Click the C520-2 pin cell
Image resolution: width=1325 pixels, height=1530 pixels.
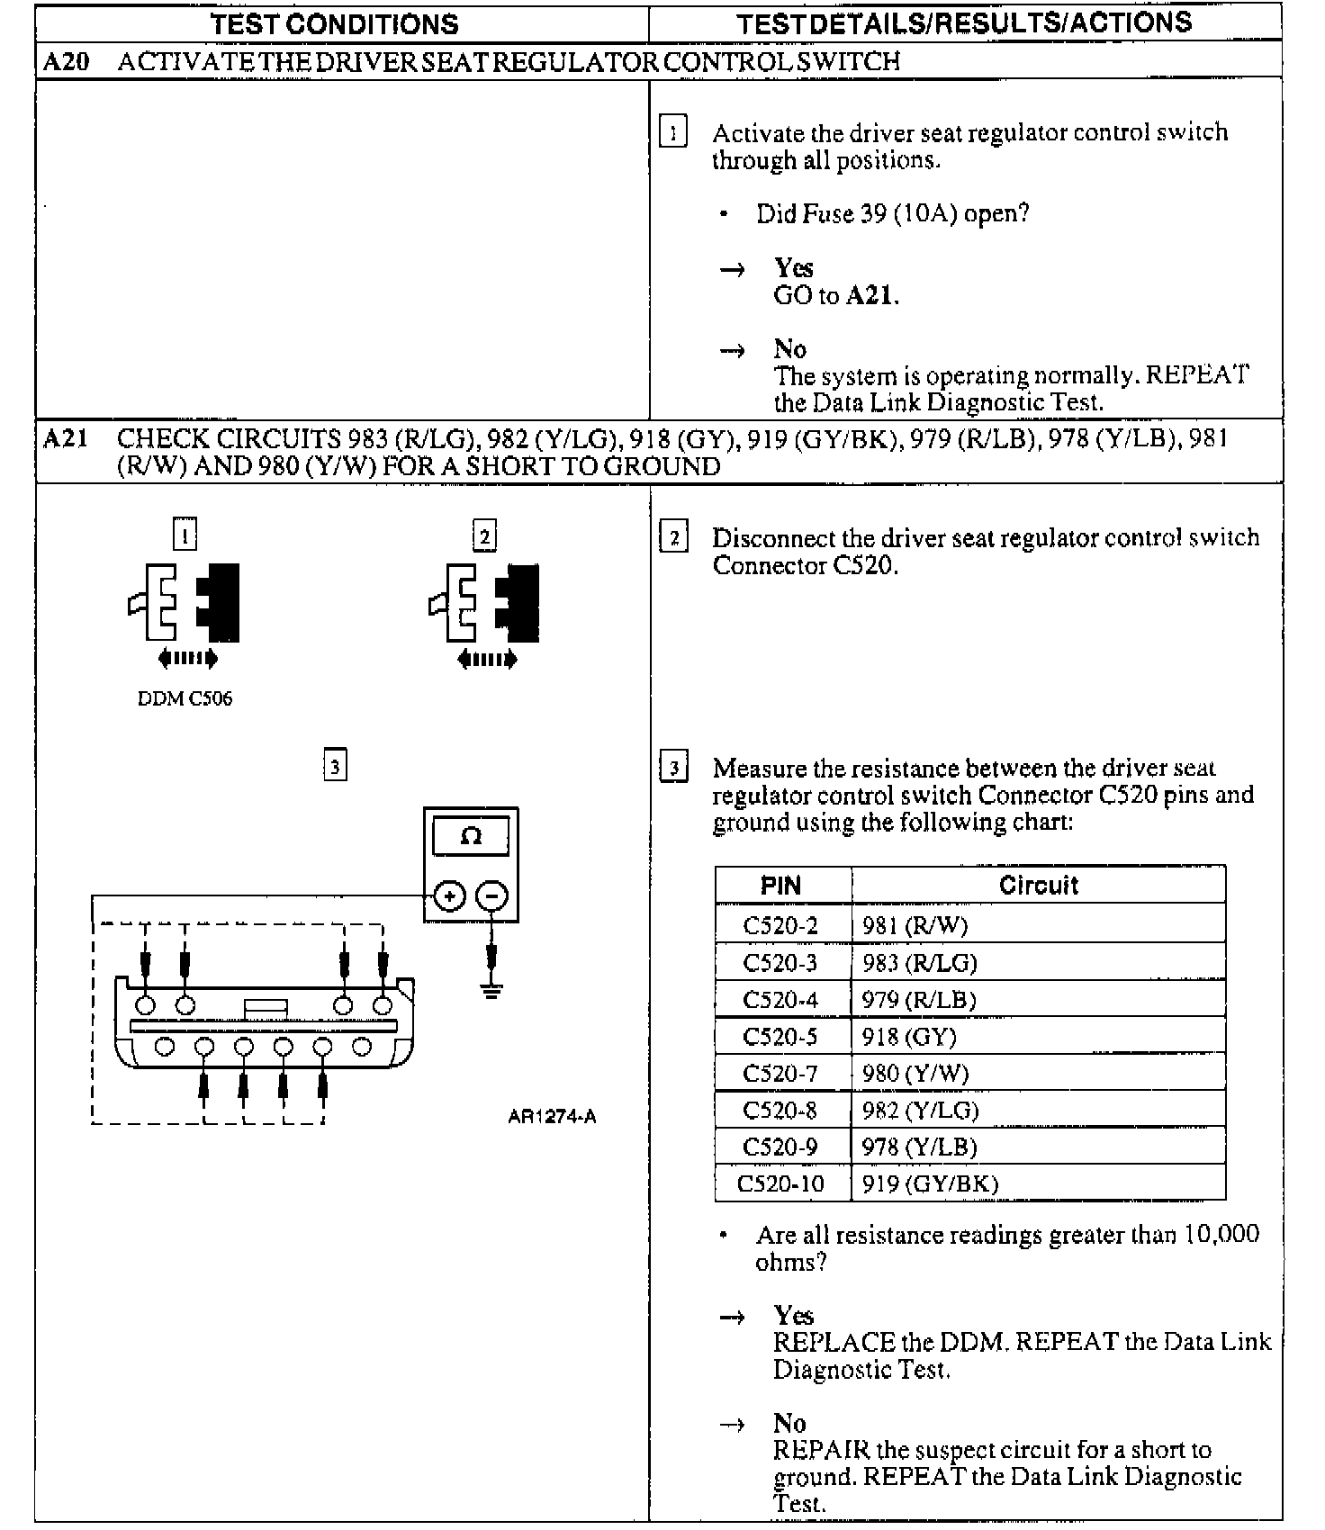pyautogui.click(x=780, y=925)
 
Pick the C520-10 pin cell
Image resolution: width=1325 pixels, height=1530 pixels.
pyautogui.click(x=780, y=1183)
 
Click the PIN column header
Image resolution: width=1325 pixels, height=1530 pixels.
pyautogui.click(x=780, y=886)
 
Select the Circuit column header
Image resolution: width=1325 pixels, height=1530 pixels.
pyautogui.click(x=1038, y=886)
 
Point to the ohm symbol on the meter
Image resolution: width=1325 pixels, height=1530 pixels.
pyautogui.click(x=471, y=836)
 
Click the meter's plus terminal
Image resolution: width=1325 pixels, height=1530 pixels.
pyautogui.click(x=449, y=896)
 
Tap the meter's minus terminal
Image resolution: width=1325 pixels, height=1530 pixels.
pyautogui.click(x=491, y=896)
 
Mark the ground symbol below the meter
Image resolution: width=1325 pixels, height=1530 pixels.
pyautogui.click(x=491, y=992)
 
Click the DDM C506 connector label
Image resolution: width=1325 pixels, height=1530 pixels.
pyautogui.click(x=185, y=699)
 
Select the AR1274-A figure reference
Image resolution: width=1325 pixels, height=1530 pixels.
pyautogui.click(x=552, y=1117)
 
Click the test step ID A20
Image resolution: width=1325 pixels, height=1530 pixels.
pyautogui.click(x=66, y=61)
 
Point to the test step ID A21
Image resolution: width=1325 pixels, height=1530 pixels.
pyautogui.click(x=66, y=439)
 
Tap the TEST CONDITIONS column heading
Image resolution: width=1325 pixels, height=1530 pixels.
pyautogui.click(x=335, y=24)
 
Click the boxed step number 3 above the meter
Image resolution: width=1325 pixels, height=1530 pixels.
pyautogui.click(x=335, y=766)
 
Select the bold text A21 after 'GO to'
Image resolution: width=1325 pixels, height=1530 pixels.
pyautogui.click(x=870, y=295)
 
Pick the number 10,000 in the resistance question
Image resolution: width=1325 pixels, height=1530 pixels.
pyautogui.click(x=1221, y=1234)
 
